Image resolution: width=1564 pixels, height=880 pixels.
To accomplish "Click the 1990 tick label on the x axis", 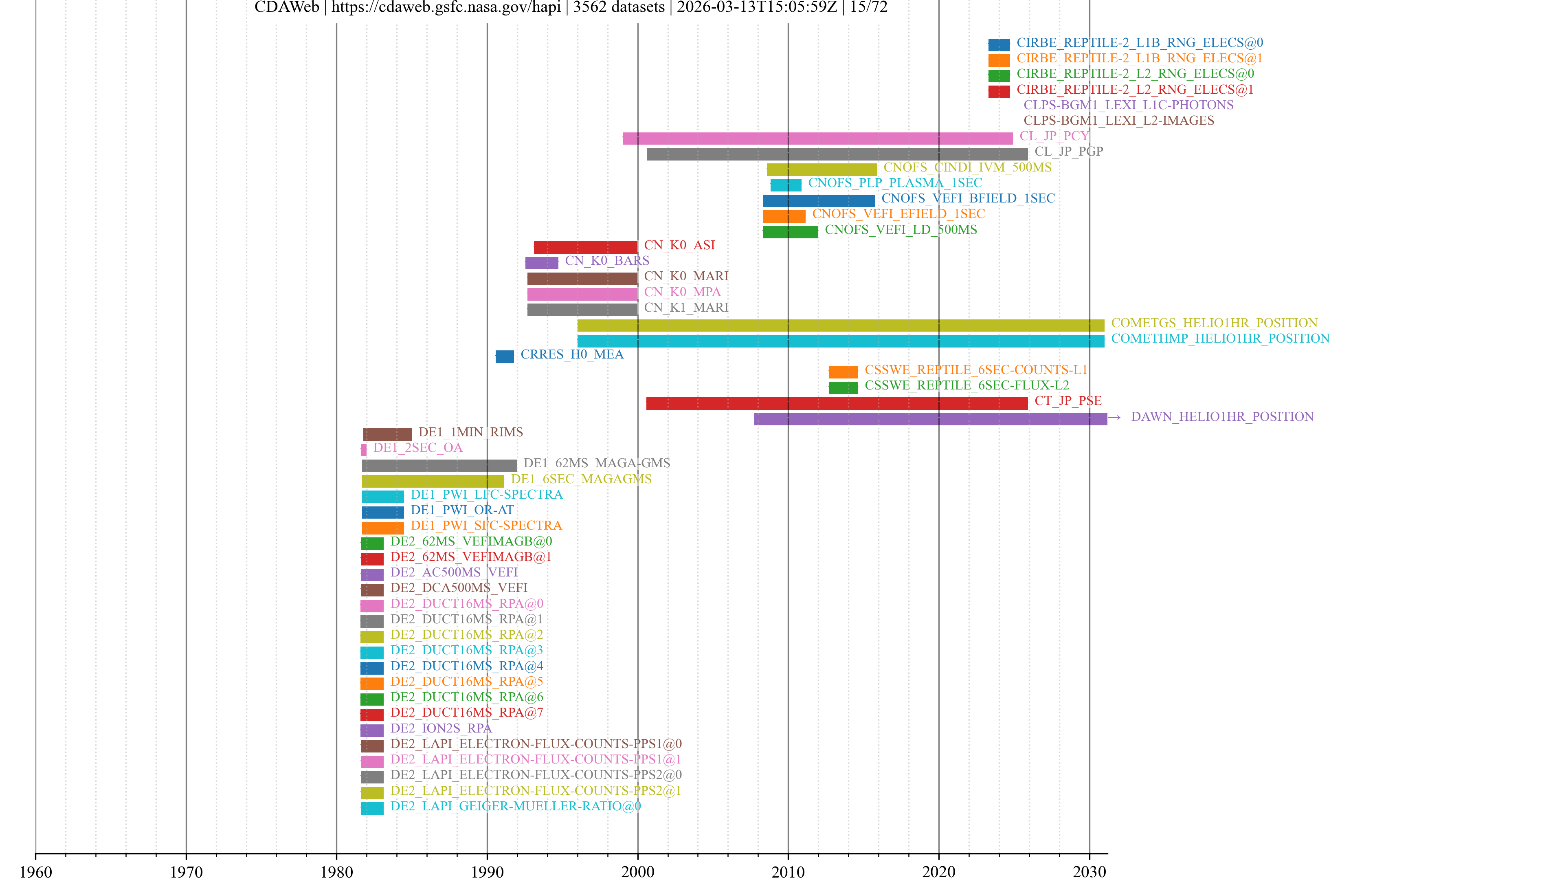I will (x=487, y=871).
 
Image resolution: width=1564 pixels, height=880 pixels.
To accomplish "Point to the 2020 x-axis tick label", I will (x=939, y=871).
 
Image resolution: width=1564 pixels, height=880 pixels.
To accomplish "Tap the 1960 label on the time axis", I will (x=36, y=871).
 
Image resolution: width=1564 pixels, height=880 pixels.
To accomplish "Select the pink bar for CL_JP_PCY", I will (x=817, y=139).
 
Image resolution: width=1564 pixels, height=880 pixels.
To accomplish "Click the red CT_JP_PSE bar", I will (x=837, y=403).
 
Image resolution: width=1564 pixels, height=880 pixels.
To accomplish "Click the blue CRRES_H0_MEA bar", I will (x=505, y=356).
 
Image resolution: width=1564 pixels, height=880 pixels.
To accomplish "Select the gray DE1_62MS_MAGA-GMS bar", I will (x=439, y=466).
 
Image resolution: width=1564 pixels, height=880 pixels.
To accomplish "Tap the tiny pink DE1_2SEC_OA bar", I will (x=364, y=450).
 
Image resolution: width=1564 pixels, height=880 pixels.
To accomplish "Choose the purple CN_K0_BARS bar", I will (x=542, y=263).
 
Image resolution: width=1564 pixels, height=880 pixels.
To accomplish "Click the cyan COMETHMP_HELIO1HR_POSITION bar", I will (x=840, y=341).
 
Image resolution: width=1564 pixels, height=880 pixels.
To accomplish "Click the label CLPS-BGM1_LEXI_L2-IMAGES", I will (x=1118, y=120).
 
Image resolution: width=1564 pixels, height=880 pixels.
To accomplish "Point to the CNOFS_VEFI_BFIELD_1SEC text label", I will (x=968, y=198).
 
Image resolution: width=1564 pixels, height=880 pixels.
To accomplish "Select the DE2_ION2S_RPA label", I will (x=441, y=728).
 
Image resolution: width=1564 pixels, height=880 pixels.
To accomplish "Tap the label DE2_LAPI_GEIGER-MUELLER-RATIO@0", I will (x=516, y=806).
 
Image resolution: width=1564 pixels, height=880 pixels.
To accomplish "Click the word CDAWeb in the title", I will (x=287, y=7).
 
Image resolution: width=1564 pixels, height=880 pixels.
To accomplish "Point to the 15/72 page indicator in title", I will (x=868, y=7).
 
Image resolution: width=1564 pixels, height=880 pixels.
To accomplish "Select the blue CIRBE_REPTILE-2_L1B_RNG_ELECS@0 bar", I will (x=999, y=44).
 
